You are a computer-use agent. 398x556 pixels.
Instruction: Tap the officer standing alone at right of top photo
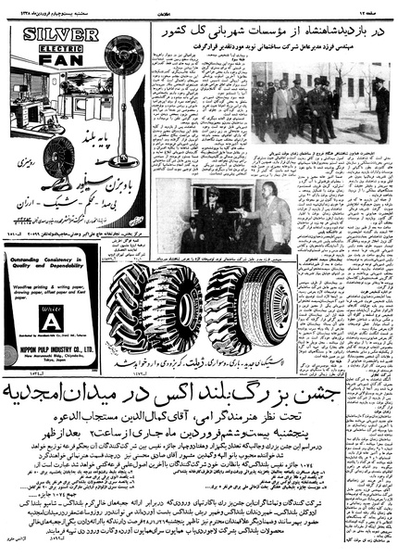[380, 107]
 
